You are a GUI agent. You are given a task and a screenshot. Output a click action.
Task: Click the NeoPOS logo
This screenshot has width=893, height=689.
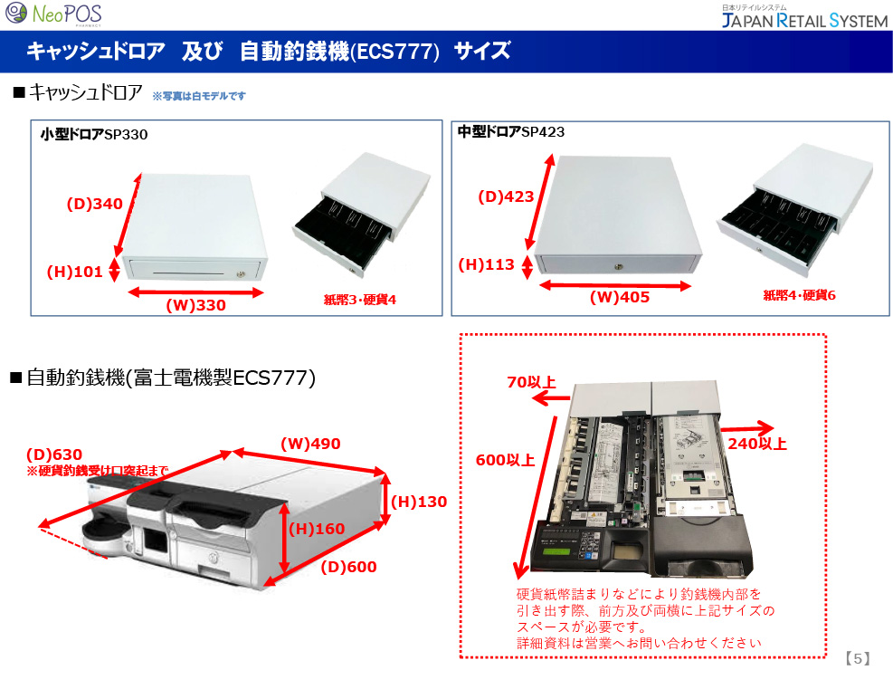pyautogui.click(x=54, y=14)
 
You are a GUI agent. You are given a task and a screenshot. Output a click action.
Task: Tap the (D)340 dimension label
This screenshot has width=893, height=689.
pyautogui.click(x=94, y=205)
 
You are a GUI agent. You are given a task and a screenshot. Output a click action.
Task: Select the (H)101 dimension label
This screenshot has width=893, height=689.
pyautogui.click(x=74, y=270)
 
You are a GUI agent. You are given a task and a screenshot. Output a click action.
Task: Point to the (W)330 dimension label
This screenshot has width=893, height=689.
pyautogui.click(x=195, y=306)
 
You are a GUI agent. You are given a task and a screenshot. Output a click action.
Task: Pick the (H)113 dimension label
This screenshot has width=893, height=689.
pyautogui.click(x=486, y=264)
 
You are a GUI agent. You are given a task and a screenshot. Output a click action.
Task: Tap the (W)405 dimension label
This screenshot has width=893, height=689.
pyautogui.click(x=620, y=297)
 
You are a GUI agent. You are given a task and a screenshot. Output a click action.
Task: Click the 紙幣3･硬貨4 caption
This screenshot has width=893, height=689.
pyautogui.click(x=359, y=299)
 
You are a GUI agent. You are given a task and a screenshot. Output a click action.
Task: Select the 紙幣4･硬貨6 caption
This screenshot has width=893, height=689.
pyautogui.click(x=799, y=295)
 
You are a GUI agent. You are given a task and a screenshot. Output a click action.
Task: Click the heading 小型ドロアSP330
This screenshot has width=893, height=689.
pyautogui.click(x=94, y=135)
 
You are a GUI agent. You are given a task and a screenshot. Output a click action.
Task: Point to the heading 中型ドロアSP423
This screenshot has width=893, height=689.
pyautogui.click(x=511, y=132)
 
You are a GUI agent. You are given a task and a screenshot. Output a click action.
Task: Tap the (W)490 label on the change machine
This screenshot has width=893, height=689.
pyautogui.click(x=310, y=444)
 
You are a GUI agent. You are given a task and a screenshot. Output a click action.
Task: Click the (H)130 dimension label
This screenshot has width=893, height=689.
pyautogui.click(x=419, y=502)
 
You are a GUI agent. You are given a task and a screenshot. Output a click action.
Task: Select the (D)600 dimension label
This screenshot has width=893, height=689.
pyautogui.click(x=348, y=567)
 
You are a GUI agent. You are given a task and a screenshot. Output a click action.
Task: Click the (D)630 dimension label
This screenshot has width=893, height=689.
pyautogui.click(x=54, y=455)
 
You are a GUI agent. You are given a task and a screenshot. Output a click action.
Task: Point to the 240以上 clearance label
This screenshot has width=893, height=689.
pyautogui.click(x=757, y=444)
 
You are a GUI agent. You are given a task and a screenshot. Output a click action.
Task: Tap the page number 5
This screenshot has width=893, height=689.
pyautogui.click(x=858, y=659)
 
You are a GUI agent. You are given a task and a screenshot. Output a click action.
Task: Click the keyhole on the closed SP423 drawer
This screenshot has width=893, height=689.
pyautogui.click(x=620, y=265)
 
